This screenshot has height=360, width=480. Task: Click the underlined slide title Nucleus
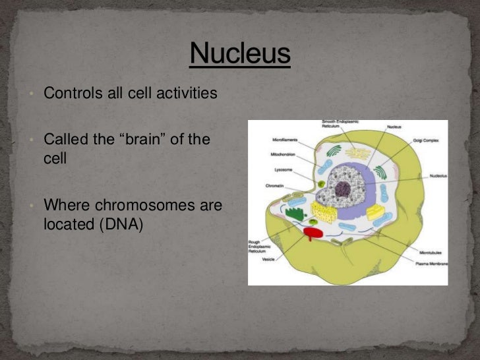(x=240, y=53)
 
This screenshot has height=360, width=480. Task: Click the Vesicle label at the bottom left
(x=269, y=260)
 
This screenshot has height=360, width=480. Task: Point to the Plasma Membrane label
(x=433, y=264)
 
